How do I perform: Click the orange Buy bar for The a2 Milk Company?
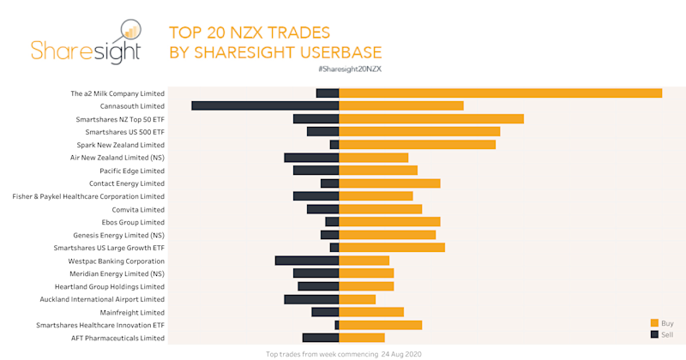(501, 93)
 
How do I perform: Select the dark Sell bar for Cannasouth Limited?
(265, 105)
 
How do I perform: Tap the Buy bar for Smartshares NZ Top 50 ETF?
(431, 118)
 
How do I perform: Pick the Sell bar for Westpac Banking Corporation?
(307, 261)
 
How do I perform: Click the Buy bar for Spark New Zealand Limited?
(418, 145)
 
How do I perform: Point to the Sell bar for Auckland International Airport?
(311, 299)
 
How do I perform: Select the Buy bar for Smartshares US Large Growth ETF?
(392, 248)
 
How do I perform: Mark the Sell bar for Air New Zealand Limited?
(311, 158)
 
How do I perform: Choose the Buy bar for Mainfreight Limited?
(371, 312)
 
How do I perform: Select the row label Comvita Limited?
(138, 209)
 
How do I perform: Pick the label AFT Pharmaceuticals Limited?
(117, 338)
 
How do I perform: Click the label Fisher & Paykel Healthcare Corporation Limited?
(88, 196)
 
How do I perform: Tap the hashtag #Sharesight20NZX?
(348, 68)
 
